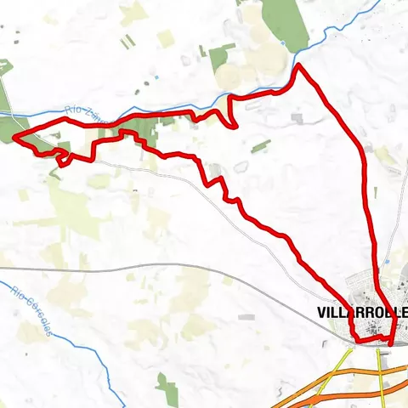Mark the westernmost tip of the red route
[x=16, y=137]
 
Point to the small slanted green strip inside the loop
[x=261, y=145]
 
